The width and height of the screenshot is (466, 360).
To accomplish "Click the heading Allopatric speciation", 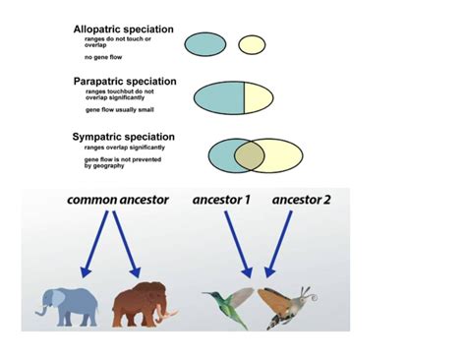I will (x=123, y=30).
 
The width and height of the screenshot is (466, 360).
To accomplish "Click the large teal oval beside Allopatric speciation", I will (x=205, y=43).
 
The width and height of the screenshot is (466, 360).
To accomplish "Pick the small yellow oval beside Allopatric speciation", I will (x=252, y=44).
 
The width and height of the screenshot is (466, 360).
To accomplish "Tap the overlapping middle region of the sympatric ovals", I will (x=249, y=154).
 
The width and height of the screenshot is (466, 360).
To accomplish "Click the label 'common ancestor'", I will (x=118, y=200).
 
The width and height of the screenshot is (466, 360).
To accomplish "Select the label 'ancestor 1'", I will (x=221, y=200).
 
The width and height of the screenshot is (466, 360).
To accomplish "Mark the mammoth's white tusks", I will (x=172, y=317).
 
